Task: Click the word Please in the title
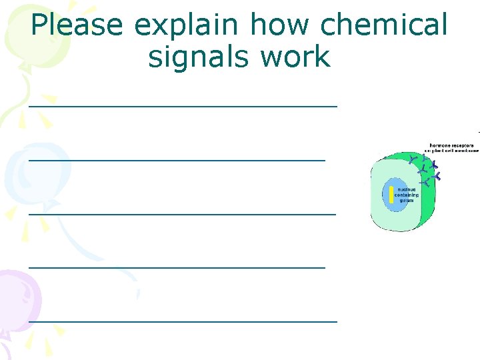77,25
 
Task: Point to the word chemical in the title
384,25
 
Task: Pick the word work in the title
297,57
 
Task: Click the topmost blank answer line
183,105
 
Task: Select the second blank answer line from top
177,159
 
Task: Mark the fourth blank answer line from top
177,267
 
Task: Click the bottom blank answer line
183,321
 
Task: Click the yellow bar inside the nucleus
392,195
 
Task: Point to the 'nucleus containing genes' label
406,195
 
